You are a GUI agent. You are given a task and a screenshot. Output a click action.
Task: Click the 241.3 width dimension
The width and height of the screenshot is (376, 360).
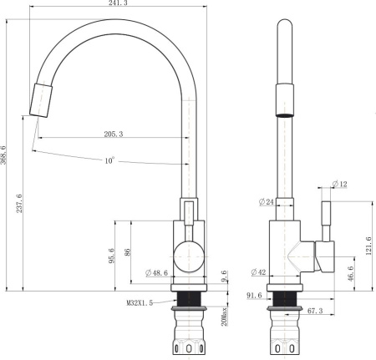[118, 3]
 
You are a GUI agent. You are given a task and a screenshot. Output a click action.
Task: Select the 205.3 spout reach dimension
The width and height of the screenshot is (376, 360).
[114, 134]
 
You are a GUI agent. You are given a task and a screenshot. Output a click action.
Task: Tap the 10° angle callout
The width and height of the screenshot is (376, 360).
[109, 160]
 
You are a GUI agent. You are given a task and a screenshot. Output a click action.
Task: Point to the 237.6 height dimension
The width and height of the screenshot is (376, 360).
[19, 204]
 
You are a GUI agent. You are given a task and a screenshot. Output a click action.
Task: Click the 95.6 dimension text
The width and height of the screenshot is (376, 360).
[111, 256]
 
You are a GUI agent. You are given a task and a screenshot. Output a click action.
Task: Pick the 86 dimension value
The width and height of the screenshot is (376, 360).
[127, 252]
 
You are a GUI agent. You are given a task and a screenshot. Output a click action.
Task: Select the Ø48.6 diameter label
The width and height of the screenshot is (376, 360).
[157, 273]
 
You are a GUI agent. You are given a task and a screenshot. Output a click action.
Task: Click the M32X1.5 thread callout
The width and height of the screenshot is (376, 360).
[140, 302]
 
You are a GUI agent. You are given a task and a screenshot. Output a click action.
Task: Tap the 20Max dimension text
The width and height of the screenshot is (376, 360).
[224, 316]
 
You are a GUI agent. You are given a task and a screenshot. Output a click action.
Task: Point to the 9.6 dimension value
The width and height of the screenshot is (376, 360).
[224, 276]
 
